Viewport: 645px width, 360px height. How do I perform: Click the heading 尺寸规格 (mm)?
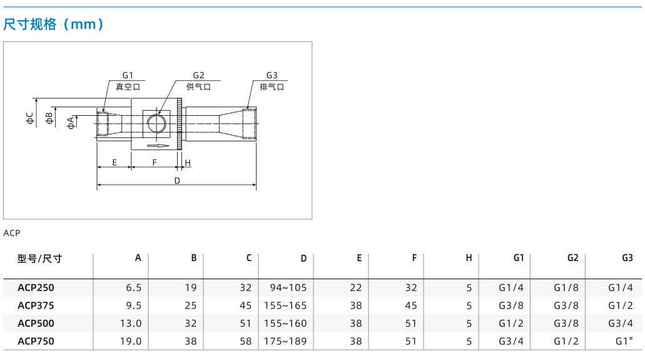click(53, 24)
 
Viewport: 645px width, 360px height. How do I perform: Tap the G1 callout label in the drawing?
click(128, 75)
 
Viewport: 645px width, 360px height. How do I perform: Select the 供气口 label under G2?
click(198, 87)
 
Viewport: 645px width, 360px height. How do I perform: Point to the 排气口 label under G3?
click(272, 87)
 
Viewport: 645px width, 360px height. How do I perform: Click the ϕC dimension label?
click(29, 118)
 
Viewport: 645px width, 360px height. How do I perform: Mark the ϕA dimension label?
click(71, 123)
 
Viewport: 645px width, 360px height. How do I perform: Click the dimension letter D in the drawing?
click(177, 180)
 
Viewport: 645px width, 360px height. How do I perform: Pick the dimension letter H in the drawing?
click(188, 163)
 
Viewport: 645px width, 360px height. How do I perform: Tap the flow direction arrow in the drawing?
click(158, 145)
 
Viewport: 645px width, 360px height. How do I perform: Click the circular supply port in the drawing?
click(156, 123)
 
